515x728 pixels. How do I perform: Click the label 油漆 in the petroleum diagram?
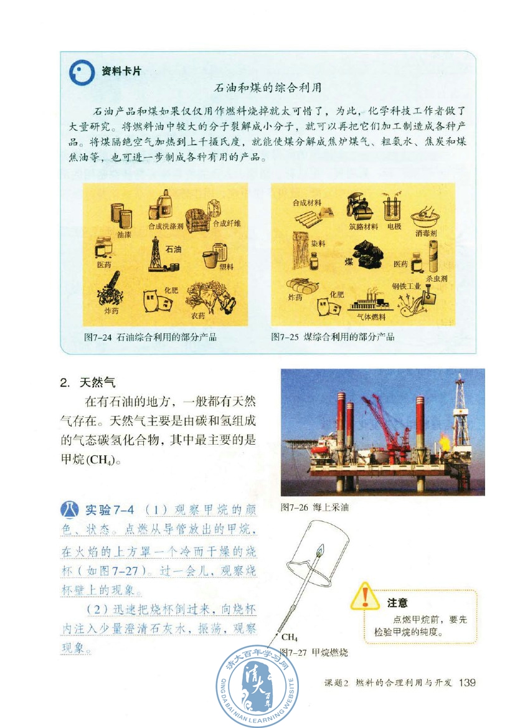click(124, 235)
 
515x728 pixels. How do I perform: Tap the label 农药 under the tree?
click(198, 316)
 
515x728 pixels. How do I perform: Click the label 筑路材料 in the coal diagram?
click(363, 227)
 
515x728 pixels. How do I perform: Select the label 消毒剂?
click(427, 234)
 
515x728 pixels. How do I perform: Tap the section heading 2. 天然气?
click(88, 382)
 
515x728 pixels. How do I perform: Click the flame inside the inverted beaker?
click(319, 551)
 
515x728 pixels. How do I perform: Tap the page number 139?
click(466, 683)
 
